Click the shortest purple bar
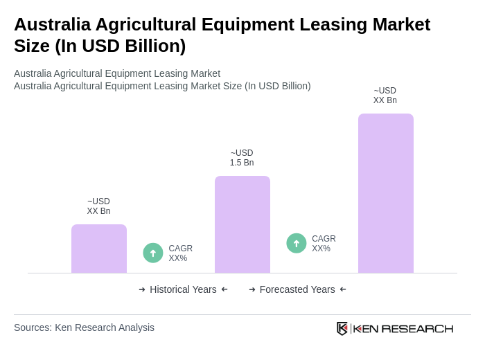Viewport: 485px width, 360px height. (x=98, y=249)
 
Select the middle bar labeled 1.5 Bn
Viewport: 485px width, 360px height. (x=242, y=224)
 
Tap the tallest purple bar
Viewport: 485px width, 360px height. (x=385, y=193)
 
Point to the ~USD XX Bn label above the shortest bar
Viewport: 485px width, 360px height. (x=98, y=206)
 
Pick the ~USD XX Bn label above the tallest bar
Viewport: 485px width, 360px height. (x=385, y=96)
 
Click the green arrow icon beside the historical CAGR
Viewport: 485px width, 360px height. (x=153, y=253)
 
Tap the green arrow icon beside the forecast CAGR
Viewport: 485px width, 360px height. (x=297, y=243)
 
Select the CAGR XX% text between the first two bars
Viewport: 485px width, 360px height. (x=180, y=253)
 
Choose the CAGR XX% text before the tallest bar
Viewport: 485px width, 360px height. (x=324, y=244)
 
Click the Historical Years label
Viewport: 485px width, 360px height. (x=183, y=289)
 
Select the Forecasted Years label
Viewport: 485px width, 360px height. (x=297, y=289)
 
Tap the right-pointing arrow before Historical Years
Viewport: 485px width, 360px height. (x=142, y=289)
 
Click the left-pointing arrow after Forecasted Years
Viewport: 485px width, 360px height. (x=343, y=289)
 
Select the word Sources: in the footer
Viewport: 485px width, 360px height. (x=33, y=327)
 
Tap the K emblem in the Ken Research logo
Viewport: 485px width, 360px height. (x=342, y=328)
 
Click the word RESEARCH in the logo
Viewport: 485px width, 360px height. (x=417, y=328)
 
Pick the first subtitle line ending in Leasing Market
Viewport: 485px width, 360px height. (x=117, y=73)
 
